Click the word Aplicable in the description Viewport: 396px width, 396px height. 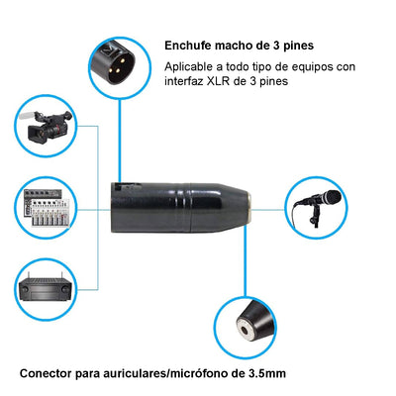(192, 67)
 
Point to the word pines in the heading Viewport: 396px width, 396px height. (296, 45)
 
